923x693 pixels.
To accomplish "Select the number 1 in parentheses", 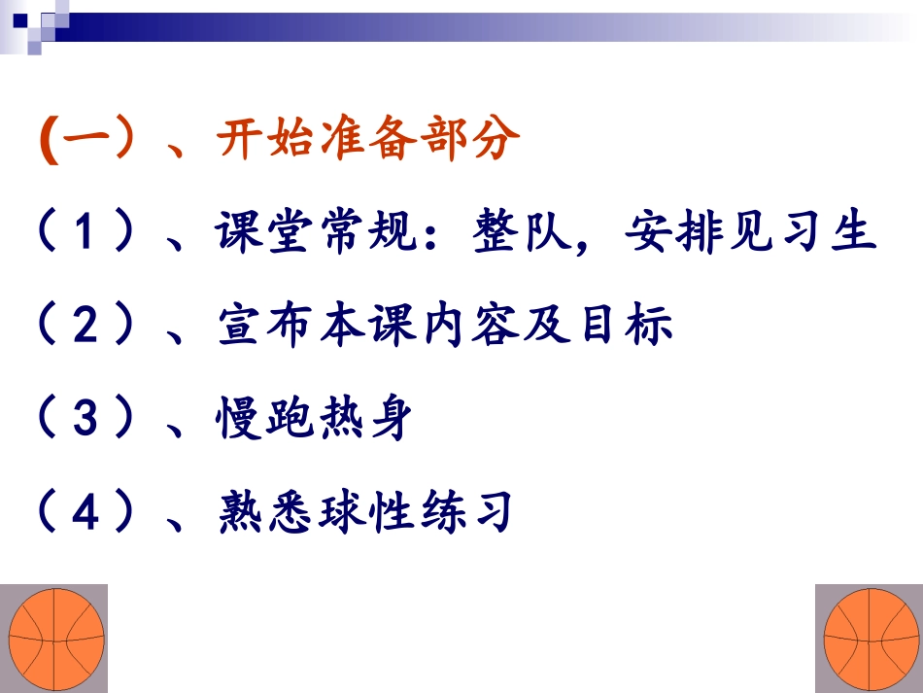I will [x=86, y=236].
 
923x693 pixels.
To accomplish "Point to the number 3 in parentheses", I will [x=86, y=421].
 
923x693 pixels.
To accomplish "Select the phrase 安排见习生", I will [x=751, y=236].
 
